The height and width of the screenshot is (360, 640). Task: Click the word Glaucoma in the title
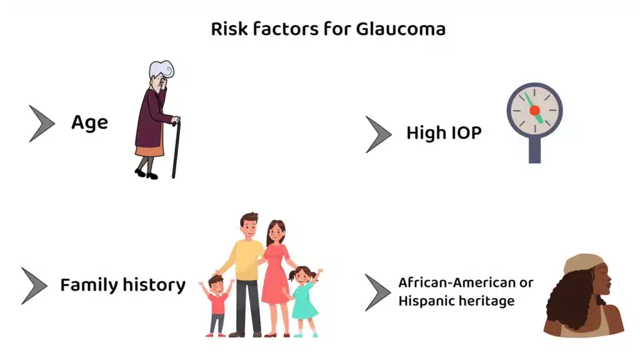[x=401, y=29]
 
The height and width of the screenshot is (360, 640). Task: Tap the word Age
[x=90, y=122]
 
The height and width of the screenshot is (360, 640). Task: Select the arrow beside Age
[x=42, y=124]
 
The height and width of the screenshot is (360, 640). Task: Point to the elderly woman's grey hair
[x=160, y=69]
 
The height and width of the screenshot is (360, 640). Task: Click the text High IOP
[x=444, y=132]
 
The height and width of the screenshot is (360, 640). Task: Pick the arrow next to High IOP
[x=378, y=134]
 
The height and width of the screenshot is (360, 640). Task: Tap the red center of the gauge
[x=535, y=110]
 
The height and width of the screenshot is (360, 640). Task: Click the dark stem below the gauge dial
[x=535, y=150]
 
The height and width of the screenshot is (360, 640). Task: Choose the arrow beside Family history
[x=34, y=286]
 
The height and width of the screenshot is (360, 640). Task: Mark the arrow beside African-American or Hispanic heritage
[x=377, y=292]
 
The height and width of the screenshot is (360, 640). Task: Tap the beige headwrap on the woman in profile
[x=583, y=263]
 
